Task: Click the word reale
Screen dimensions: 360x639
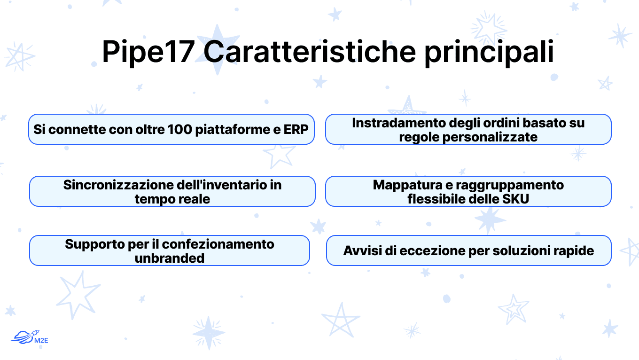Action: [x=194, y=199]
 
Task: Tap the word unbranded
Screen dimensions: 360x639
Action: [x=170, y=258]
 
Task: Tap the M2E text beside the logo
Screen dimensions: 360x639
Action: [x=41, y=340]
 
